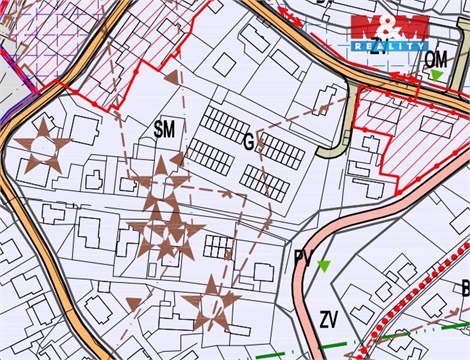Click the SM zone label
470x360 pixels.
(165, 128)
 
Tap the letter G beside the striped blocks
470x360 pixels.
(248, 141)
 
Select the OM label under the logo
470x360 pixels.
(436, 60)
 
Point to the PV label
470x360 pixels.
(304, 259)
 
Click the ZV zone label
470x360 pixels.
(329, 320)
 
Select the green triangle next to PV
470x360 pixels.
(323, 265)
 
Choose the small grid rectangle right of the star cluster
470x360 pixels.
(217, 245)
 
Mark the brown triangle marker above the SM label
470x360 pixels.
(171, 76)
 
